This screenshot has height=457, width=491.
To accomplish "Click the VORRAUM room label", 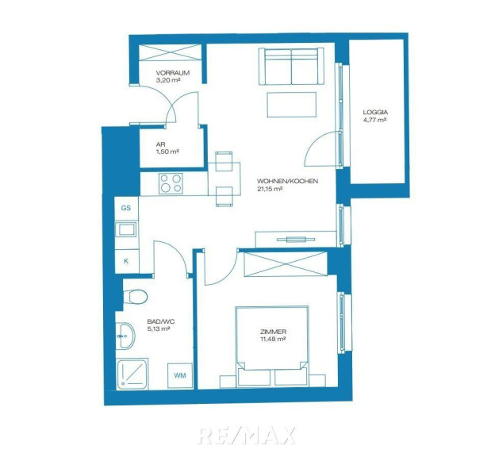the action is point(173,73).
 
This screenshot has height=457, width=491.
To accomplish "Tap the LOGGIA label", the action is point(375,112).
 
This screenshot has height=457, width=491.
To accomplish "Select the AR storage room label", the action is point(160,144).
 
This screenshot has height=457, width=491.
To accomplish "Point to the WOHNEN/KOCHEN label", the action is point(287,181).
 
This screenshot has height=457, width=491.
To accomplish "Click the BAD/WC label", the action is point(161,321).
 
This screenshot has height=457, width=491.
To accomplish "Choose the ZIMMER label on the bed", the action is point(273,332).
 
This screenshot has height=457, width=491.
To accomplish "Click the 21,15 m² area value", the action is point(270,189).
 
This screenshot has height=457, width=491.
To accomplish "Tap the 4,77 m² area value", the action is point(374,120).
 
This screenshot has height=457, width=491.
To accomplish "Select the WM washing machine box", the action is point(180,375).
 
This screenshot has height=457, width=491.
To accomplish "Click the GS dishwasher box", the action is point(126,208).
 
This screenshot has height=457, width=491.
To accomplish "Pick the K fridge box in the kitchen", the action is point(126,261).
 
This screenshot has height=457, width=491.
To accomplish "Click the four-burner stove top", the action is point(171,183).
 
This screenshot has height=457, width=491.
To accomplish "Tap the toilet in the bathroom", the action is point(135,296).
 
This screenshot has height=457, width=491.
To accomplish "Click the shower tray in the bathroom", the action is point(132,374).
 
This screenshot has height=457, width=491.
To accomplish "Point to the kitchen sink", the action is point(126,230).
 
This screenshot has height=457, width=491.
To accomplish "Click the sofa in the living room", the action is point(291,67).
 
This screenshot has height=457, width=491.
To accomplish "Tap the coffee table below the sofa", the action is point(292,105).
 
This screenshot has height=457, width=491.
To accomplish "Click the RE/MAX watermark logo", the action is point(247,436).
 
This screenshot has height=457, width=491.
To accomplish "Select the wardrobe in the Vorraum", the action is point(170,52).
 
